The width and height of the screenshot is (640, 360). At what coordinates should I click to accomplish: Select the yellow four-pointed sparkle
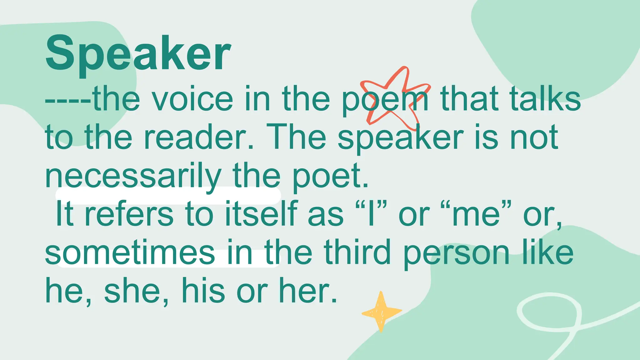pos(381,311)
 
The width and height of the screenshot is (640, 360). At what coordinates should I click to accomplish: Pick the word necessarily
pos(133,177)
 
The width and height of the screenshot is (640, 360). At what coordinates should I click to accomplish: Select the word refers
pos(129,215)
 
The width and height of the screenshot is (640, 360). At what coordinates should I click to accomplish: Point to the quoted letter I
pos(371,215)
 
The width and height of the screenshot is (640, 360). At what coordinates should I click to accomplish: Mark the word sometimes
pos(130,253)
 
